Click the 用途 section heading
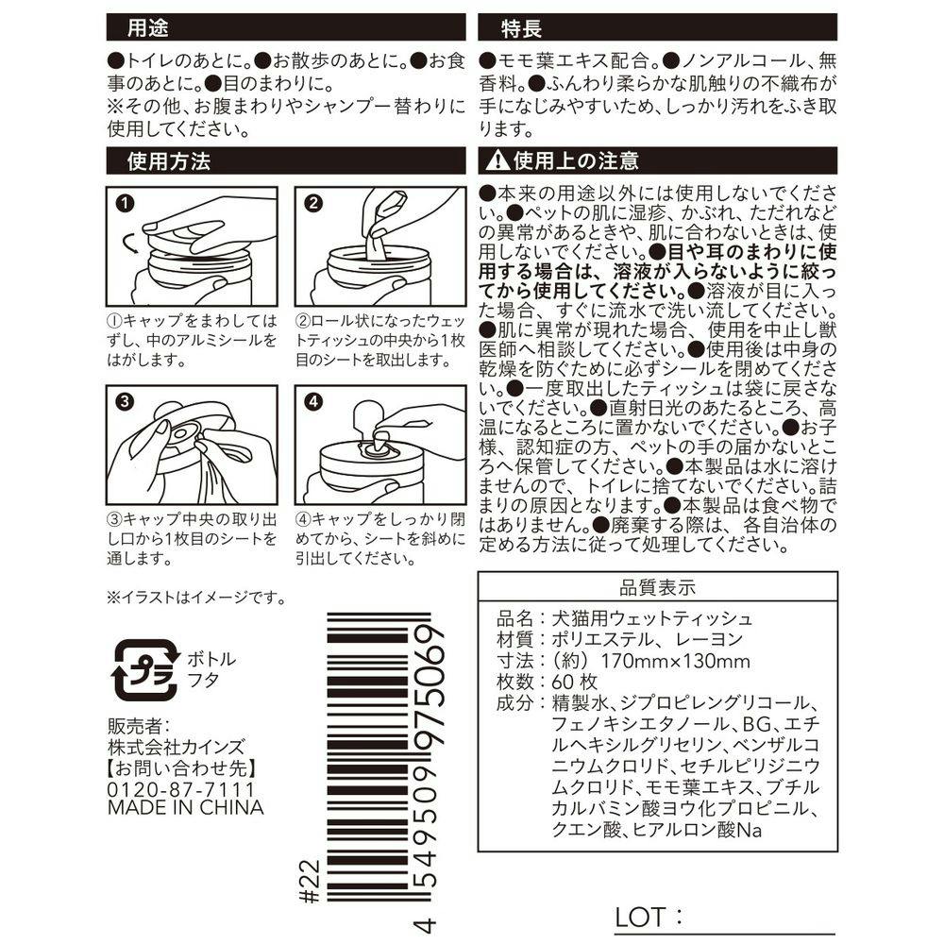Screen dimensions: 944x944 [x=147, y=27]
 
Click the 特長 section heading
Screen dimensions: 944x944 [x=521, y=27]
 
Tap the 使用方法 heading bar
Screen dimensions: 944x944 [x=286, y=160]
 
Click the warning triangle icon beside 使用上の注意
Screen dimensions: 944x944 [x=497, y=160]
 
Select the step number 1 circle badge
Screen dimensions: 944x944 [x=125, y=203]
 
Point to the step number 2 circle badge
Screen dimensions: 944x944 [x=313, y=203]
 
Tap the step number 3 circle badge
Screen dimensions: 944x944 [x=125, y=401]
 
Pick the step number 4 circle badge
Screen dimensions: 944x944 [x=313, y=401]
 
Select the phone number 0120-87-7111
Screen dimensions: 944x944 [x=181, y=789]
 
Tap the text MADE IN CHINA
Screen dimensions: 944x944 [x=185, y=808]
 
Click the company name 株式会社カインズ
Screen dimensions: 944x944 [x=177, y=747]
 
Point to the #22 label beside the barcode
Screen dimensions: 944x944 [x=310, y=882]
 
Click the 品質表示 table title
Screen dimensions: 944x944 [x=657, y=587]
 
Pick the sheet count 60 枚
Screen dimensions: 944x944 [x=575, y=683]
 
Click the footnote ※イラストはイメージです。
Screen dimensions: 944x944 [x=197, y=598]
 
